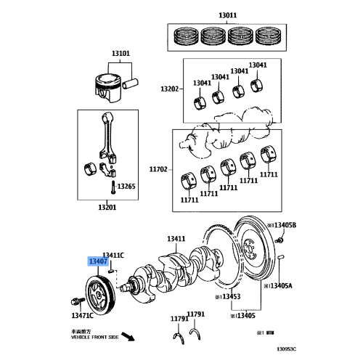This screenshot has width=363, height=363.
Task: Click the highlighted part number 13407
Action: [x=98, y=262]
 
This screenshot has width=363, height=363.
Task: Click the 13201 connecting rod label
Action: [x=107, y=207]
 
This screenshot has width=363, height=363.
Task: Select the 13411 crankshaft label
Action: [x=176, y=238]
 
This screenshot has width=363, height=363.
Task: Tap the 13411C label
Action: [x=113, y=254]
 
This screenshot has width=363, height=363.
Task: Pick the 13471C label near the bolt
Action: [x=83, y=316]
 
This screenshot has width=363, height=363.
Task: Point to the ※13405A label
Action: [x=280, y=285]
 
